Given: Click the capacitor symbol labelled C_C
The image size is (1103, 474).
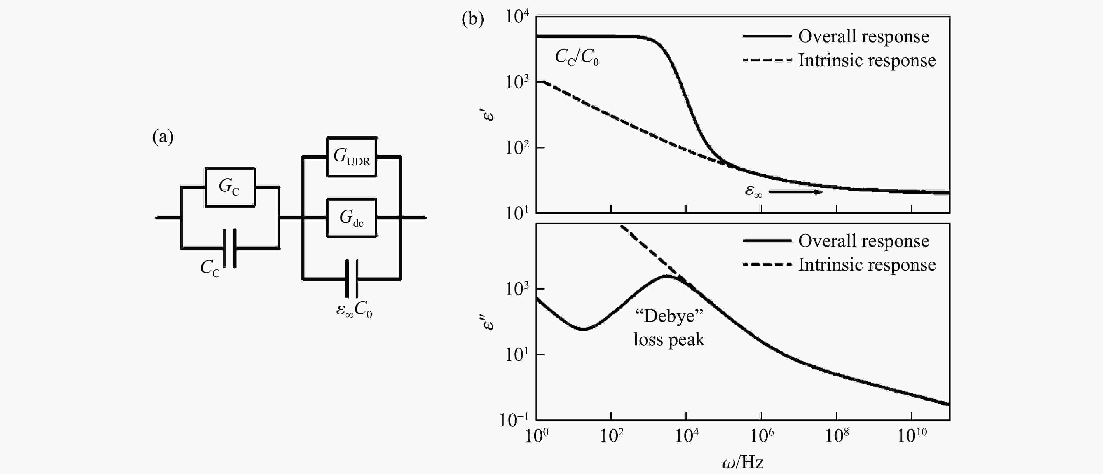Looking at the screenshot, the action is pos(230,248).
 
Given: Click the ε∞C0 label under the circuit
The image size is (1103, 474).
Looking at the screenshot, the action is pos(354,309).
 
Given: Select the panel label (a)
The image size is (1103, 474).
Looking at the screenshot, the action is pos(163,137).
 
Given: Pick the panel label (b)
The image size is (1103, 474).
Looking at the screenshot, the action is pos(473,19).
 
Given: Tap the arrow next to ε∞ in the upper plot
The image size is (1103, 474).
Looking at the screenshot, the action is pos(795,192).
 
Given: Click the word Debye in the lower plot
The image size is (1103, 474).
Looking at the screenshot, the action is pos(669,316).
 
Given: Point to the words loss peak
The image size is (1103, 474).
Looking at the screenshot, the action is pos(669,339).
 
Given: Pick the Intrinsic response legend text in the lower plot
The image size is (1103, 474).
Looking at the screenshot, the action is pos(867,265).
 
